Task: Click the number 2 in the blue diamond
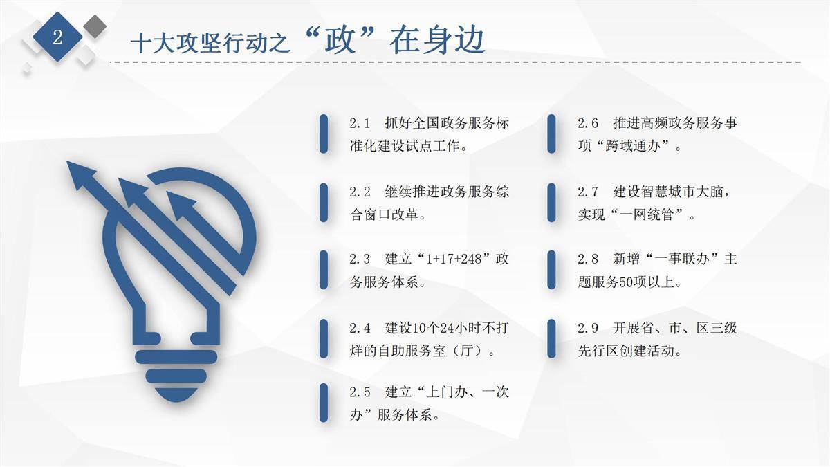coord(57,37)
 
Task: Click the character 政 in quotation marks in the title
coord(340,39)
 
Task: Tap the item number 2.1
coord(360,123)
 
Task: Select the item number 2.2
coord(360,192)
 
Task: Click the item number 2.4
coord(360,328)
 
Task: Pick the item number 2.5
coord(360,392)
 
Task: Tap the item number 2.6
coord(588,123)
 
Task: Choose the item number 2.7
coord(588,192)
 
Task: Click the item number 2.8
coord(588,259)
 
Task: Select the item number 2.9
coord(588,328)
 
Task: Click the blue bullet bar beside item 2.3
coord(324,270)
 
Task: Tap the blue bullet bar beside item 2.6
coord(551,134)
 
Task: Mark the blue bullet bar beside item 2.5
coord(324,403)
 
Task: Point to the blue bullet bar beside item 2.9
coord(551,339)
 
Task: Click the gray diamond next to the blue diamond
coord(95,26)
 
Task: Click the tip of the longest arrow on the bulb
coord(67,162)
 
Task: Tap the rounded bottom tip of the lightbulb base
coord(176,401)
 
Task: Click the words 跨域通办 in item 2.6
coord(633,146)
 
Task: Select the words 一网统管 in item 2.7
coord(647,214)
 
